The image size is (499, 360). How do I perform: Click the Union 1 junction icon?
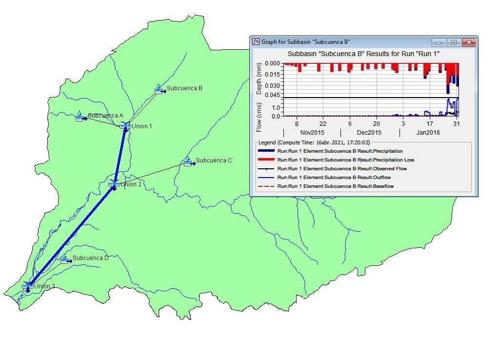click(125, 126)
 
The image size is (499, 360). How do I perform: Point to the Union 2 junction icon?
click(114, 184)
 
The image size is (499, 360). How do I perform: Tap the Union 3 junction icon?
click(28, 286)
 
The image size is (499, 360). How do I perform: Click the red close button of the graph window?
click(469, 42)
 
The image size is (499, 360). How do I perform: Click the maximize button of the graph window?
click(454, 42)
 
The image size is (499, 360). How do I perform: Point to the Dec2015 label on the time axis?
click(369, 133)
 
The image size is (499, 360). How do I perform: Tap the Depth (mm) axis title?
click(259, 80)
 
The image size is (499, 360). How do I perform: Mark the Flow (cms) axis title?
click(259, 118)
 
